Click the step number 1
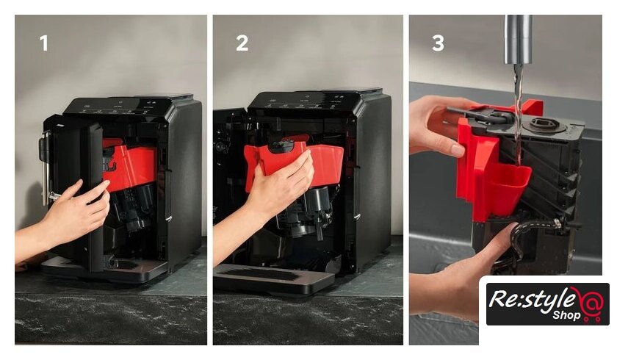click(x=44, y=43)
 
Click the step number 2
click(x=242, y=43)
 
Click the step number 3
click(x=438, y=43)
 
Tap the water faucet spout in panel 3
click(x=519, y=40)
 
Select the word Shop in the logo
click(x=566, y=315)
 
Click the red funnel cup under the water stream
click(x=508, y=185)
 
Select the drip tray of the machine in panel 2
click(x=273, y=278)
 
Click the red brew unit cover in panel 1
click(x=130, y=165)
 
